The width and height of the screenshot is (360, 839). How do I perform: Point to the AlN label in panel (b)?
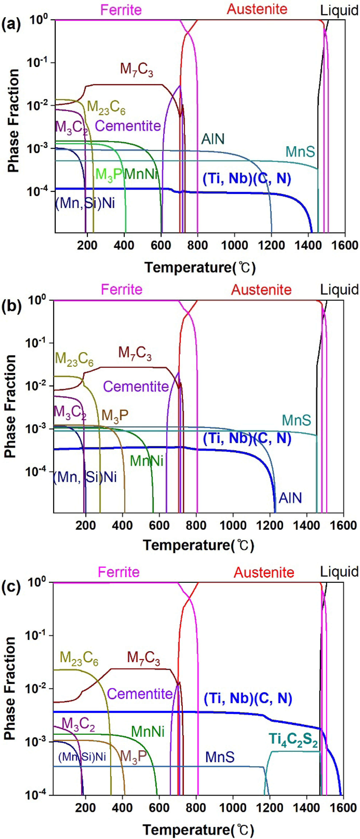pyautogui.click(x=290, y=498)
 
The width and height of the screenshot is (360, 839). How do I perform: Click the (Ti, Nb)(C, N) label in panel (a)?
pyautogui.click(x=247, y=178)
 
